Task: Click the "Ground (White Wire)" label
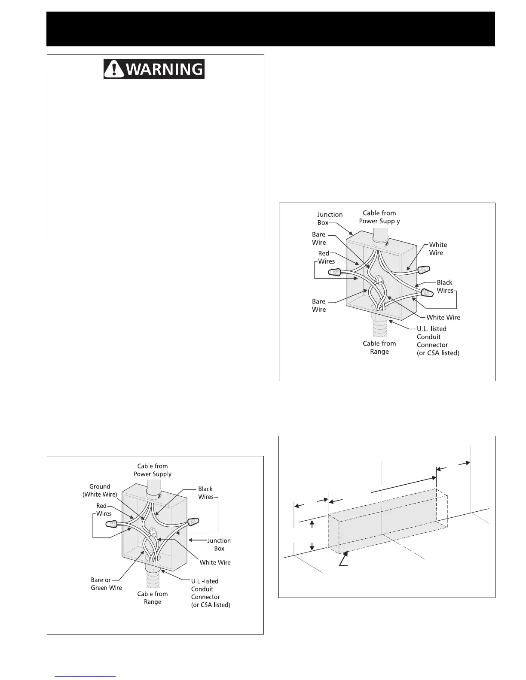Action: tap(100, 490)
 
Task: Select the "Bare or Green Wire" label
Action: tap(106, 584)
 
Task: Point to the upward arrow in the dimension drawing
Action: tap(312, 524)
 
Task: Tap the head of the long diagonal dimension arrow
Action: tap(433, 477)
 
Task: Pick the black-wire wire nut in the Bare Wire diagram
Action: tap(427, 293)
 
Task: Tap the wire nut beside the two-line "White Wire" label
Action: tap(424, 270)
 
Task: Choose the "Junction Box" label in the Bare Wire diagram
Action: tap(330, 219)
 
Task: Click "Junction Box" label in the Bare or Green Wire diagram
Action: tap(219, 544)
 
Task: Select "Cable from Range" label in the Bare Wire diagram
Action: tap(379, 347)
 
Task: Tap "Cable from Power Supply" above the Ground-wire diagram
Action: tap(153, 470)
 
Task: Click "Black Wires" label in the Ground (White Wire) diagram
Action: tap(205, 492)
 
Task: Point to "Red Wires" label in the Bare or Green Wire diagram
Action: tap(104, 510)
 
